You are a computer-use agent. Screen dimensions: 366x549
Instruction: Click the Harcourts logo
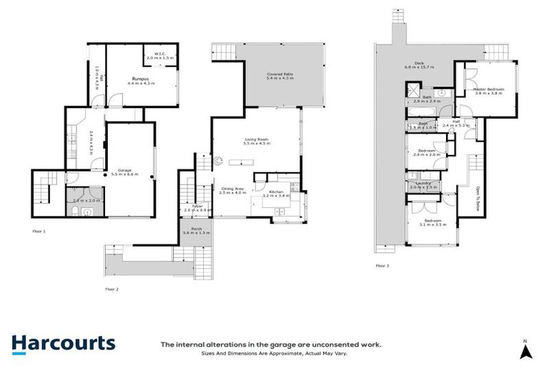tap(63, 343)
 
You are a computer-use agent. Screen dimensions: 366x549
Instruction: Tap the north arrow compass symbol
tap(525, 350)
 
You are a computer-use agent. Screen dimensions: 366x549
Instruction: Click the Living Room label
tap(255, 141)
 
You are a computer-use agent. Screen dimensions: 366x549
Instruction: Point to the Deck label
tap(412, 64)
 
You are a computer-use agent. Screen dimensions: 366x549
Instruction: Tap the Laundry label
tap(421, 184)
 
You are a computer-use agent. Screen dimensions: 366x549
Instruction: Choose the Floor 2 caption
tap(112, 289)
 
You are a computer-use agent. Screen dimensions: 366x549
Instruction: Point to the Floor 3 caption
tap(383, 265)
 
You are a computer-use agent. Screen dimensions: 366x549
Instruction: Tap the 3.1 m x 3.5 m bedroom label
tap(431, 224)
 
